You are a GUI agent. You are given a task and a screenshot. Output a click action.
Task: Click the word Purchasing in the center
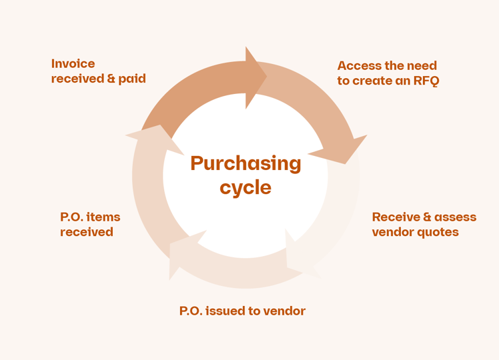pos(245,163)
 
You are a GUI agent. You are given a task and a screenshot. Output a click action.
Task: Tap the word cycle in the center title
pos(245,187)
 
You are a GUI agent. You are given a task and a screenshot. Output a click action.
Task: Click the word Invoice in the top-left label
pos(73,64)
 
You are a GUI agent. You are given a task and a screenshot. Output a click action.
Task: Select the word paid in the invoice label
pos(132,79)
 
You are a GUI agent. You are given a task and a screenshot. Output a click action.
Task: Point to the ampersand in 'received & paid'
pos(111,79)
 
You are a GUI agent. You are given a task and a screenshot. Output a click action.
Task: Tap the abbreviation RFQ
pos(425,81)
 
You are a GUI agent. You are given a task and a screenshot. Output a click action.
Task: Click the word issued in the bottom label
pos(227,311)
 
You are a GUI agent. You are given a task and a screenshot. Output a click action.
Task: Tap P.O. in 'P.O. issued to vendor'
pos(191,311)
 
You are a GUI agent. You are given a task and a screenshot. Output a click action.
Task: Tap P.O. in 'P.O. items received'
pos(72,217)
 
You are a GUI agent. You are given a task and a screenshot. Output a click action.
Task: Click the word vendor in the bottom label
pos(284,311)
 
